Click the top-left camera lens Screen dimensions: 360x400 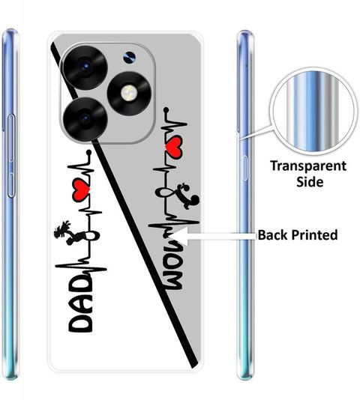85,67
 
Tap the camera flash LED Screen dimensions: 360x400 129,93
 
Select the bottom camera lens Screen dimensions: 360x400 85,118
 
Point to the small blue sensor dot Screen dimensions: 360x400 130,57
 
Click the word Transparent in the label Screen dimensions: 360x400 308,166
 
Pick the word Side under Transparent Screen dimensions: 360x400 310,182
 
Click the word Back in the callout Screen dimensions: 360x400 272,234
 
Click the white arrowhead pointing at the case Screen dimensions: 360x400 181,236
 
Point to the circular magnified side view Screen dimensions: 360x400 313,112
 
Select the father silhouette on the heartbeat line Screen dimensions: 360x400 65,233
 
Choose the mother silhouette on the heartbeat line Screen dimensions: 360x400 189,196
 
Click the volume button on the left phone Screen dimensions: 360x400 11,156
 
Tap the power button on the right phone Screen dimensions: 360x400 245,168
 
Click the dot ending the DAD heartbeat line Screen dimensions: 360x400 88,153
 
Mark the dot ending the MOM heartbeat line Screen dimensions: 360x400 166,110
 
